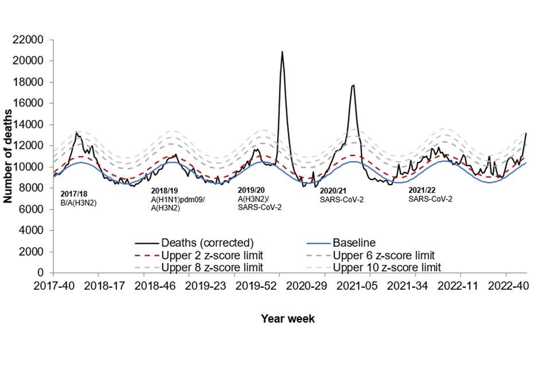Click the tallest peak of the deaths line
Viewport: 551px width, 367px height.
[x=282, y=52]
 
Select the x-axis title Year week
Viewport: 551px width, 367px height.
[x=288, y=319]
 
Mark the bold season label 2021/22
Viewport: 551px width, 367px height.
[x=424, y=189]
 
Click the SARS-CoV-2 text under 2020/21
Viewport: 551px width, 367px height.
[x=342, y=200]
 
